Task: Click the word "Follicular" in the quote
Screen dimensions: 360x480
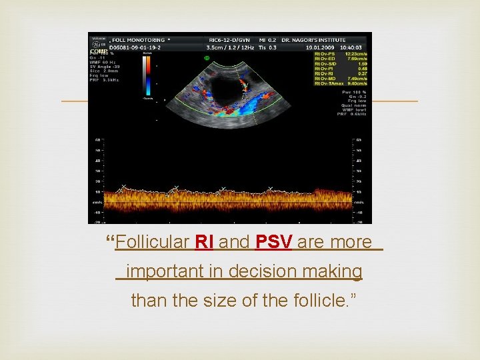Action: [152, 242]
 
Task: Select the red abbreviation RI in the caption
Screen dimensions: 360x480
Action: [204, 242]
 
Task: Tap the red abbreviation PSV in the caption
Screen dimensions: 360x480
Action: [273, 242]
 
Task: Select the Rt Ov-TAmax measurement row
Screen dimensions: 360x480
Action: [339, 84]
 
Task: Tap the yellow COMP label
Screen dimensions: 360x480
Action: [99, 51]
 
